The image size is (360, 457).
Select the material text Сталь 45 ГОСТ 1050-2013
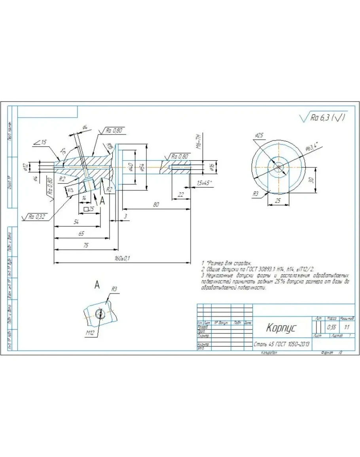click(x=281, y=344)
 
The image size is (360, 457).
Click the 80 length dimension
click(x=156, y=205)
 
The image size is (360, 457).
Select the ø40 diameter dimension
click(x=130, y=168)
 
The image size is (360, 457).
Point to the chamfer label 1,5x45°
click(x=204, y=182)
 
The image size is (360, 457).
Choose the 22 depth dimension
click(x=181, y=194)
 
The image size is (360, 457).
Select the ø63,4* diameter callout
click(x=313, y=148)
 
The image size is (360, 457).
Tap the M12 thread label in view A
click(x=90, y=333)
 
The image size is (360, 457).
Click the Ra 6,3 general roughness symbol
click(x=323, y=118)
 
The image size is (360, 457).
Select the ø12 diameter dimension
click(x=25, y=167)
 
